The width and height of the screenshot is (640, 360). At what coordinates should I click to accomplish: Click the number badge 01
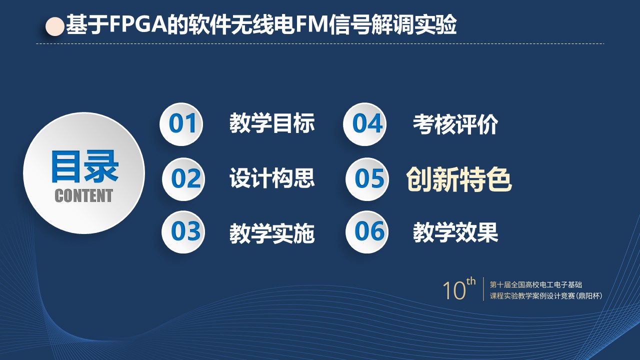tap(181, 124)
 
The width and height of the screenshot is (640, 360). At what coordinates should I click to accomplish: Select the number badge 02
tap(183, 179)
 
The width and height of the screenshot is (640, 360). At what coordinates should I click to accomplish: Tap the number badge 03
tap(183, 232)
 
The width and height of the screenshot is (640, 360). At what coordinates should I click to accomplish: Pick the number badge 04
tap(365, 124)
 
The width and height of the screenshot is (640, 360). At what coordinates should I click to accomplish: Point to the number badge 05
tap(367, 179)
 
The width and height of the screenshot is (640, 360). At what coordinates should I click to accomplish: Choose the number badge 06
tap(367, 232)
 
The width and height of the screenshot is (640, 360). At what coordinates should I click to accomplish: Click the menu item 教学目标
tap(272, 123)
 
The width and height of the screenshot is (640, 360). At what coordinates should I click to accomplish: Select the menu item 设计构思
tap(272, 178)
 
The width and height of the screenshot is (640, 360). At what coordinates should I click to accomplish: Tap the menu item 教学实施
tap(272, 233)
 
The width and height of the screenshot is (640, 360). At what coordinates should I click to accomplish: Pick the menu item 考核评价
tap(455, 124)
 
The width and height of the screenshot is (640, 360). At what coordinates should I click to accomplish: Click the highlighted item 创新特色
tap(459, 179)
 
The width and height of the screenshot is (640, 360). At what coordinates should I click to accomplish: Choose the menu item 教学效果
tap(455, 232)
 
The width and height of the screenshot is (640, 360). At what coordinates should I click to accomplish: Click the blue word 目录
tap(84, 166)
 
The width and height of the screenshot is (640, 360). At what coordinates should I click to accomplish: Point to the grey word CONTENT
tap(83, 195)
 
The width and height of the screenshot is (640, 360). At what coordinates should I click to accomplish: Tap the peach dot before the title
tap(55, 26)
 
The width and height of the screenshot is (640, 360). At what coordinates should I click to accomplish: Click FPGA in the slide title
tap(138, 24)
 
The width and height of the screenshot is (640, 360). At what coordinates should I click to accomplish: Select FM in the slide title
tap(311, 24)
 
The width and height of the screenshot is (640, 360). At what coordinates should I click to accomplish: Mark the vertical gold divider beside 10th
tap(483, 289)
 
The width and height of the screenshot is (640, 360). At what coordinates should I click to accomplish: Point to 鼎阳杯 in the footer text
tap(589, 296)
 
